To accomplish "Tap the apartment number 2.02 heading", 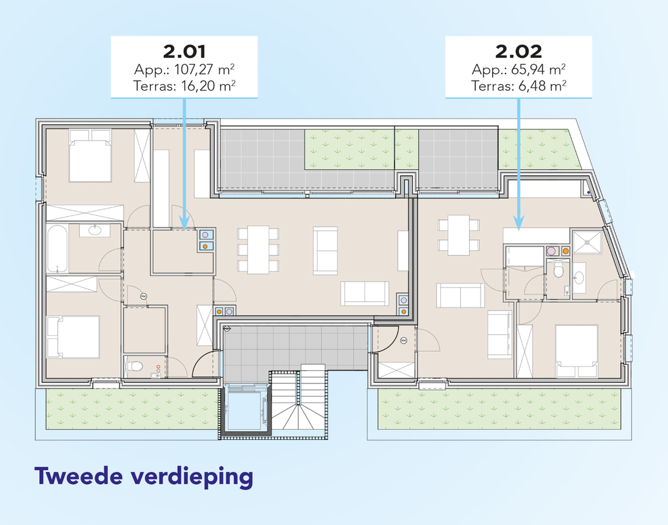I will (x=518, y=52).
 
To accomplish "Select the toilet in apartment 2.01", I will (x=135, y=366).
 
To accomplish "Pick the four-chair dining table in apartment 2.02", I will (x=459, y=235).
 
